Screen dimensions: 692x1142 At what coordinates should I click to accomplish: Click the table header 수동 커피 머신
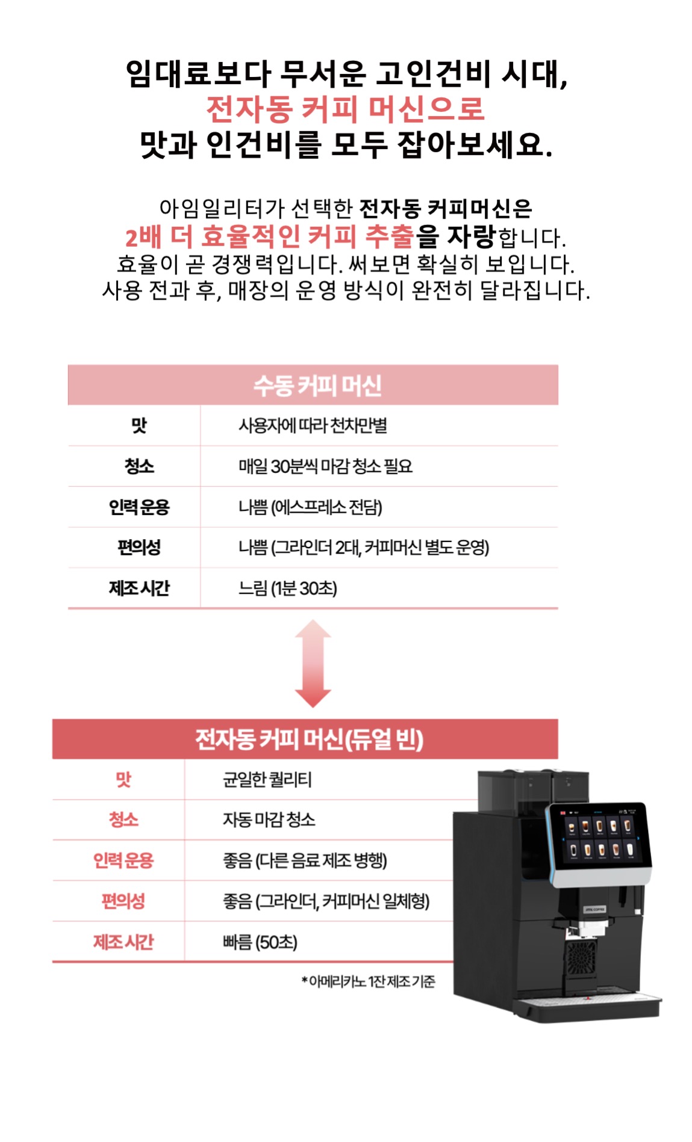pos(317,385)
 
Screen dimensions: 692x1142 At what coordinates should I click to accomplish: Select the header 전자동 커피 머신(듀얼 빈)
pos(310,739)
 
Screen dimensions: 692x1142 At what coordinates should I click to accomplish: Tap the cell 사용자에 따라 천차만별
pos(313,426)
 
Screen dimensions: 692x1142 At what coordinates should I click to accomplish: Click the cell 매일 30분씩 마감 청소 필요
pos(325,466)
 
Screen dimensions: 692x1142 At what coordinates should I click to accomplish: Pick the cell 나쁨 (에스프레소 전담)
pos(310,507)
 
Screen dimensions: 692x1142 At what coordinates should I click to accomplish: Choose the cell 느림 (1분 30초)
pos(287,588)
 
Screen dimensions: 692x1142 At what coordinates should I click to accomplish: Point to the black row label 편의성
pos(139,548)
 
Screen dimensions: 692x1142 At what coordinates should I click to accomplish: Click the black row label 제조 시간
pos(139,588)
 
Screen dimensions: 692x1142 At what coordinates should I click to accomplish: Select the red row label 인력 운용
pos(123,860)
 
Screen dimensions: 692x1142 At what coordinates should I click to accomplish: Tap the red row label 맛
pos(123,780)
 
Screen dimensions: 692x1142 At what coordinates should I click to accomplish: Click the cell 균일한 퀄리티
pos(267,780)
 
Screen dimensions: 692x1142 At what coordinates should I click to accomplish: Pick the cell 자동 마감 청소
pos(269,820)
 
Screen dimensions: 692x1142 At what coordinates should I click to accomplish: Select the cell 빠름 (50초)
pos(260,942)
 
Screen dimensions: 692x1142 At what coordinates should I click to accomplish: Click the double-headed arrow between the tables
pos(313,664)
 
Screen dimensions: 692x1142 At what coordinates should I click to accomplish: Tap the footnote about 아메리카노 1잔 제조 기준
pos(368,982)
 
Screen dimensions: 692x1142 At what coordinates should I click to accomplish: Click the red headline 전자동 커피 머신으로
pos(346,109)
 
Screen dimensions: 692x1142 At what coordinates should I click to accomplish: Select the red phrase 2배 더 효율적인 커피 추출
pos(269,236)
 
